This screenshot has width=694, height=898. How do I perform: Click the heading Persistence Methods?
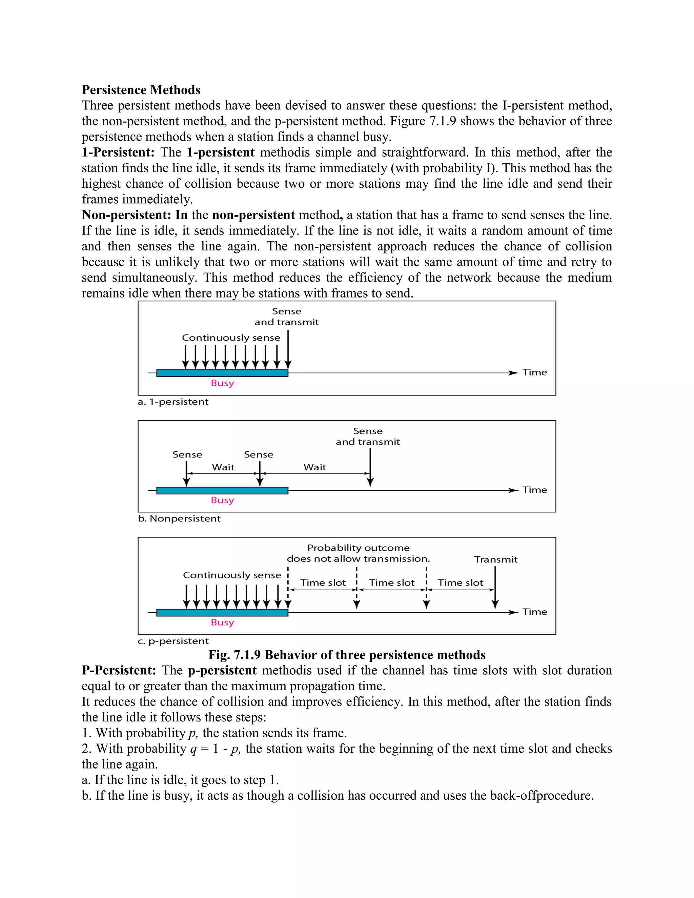(x=141, y=90)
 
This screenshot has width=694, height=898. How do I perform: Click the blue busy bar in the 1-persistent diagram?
(x=222, y=373)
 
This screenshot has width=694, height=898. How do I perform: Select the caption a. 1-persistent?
(x=173, y=402)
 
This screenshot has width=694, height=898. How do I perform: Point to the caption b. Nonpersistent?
(x=179, y=518)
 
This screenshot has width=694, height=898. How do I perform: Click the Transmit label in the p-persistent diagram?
(x=495, y=559)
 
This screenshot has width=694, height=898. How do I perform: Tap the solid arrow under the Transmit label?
(x=495, y=588)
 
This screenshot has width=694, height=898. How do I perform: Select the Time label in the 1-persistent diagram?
(x=534, y=372)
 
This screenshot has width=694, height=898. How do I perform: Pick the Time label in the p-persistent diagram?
(x=534, y=612)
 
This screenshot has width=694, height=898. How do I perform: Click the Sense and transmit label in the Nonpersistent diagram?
(x=368, y=437)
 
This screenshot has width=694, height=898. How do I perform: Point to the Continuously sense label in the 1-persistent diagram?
(x=231, y=338)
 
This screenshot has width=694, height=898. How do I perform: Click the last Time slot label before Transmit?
(x=460, y=583)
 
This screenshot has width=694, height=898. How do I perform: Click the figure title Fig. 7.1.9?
(x=347, y=655)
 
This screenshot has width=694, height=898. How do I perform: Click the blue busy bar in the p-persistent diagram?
(x=222, y=613)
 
